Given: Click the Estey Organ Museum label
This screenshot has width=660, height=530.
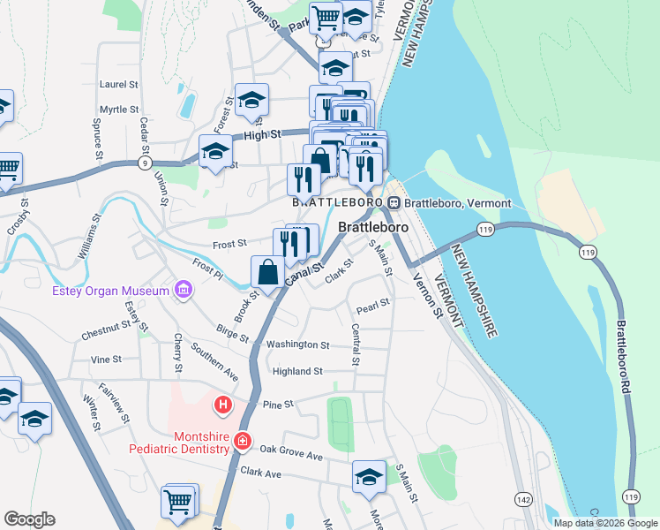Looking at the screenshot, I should (110, 291).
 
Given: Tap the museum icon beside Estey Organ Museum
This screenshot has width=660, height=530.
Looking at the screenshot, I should (183, 290).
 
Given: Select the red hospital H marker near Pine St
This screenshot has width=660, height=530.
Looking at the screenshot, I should (222, 405).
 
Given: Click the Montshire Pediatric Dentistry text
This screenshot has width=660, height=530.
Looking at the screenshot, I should (179, 442).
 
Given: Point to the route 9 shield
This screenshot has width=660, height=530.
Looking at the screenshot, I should (144, 163).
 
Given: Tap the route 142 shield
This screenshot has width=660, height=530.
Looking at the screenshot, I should (523, 499).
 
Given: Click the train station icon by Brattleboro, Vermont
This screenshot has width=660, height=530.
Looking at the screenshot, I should (395, 203).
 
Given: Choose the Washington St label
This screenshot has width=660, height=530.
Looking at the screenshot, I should (298, 344).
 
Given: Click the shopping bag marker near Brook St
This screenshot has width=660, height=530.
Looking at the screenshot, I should (268, 273).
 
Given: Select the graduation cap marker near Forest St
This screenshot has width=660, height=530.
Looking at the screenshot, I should (251, 100).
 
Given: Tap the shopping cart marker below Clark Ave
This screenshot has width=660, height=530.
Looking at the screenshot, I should (177, 501).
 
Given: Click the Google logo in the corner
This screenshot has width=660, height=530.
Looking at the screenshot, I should (29, 519).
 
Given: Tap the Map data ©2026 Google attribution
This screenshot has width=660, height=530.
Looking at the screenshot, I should (605, 523).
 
